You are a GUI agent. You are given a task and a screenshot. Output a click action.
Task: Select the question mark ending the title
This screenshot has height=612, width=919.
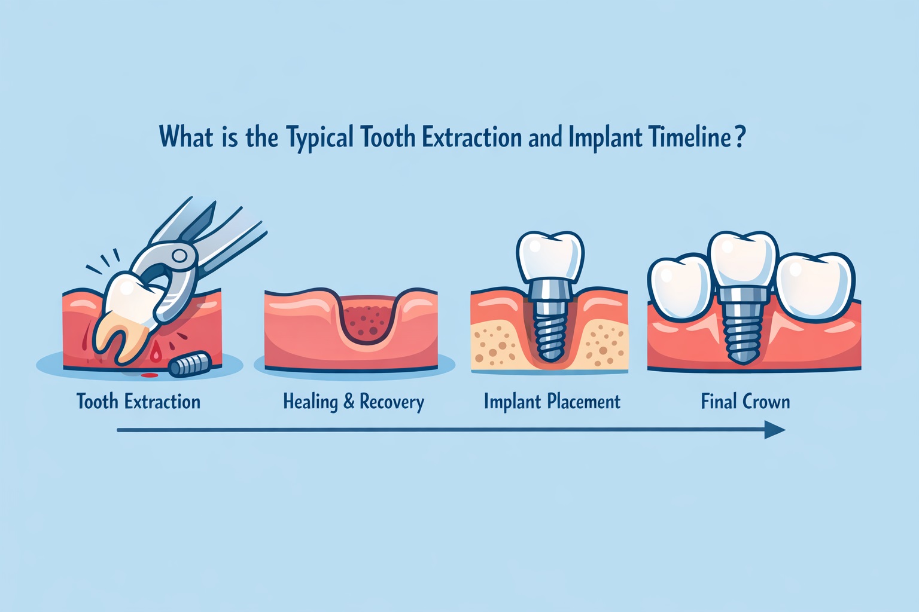740,137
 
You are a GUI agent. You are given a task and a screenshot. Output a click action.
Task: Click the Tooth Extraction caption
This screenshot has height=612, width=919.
138,401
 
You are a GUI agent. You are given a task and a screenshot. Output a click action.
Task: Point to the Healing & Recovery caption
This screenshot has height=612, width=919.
354,402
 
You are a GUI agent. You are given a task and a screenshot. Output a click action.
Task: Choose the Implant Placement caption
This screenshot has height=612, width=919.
552,401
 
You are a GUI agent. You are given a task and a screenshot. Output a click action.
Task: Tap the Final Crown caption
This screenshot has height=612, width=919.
745,401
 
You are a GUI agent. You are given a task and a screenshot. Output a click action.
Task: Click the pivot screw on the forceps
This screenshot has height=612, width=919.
179,256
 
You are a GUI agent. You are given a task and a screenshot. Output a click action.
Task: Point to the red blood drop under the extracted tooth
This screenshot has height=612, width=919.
156,355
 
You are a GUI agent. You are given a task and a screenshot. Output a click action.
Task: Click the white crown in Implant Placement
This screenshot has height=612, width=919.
549,255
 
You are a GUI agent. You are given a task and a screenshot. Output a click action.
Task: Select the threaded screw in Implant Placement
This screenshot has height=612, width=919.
549,332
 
